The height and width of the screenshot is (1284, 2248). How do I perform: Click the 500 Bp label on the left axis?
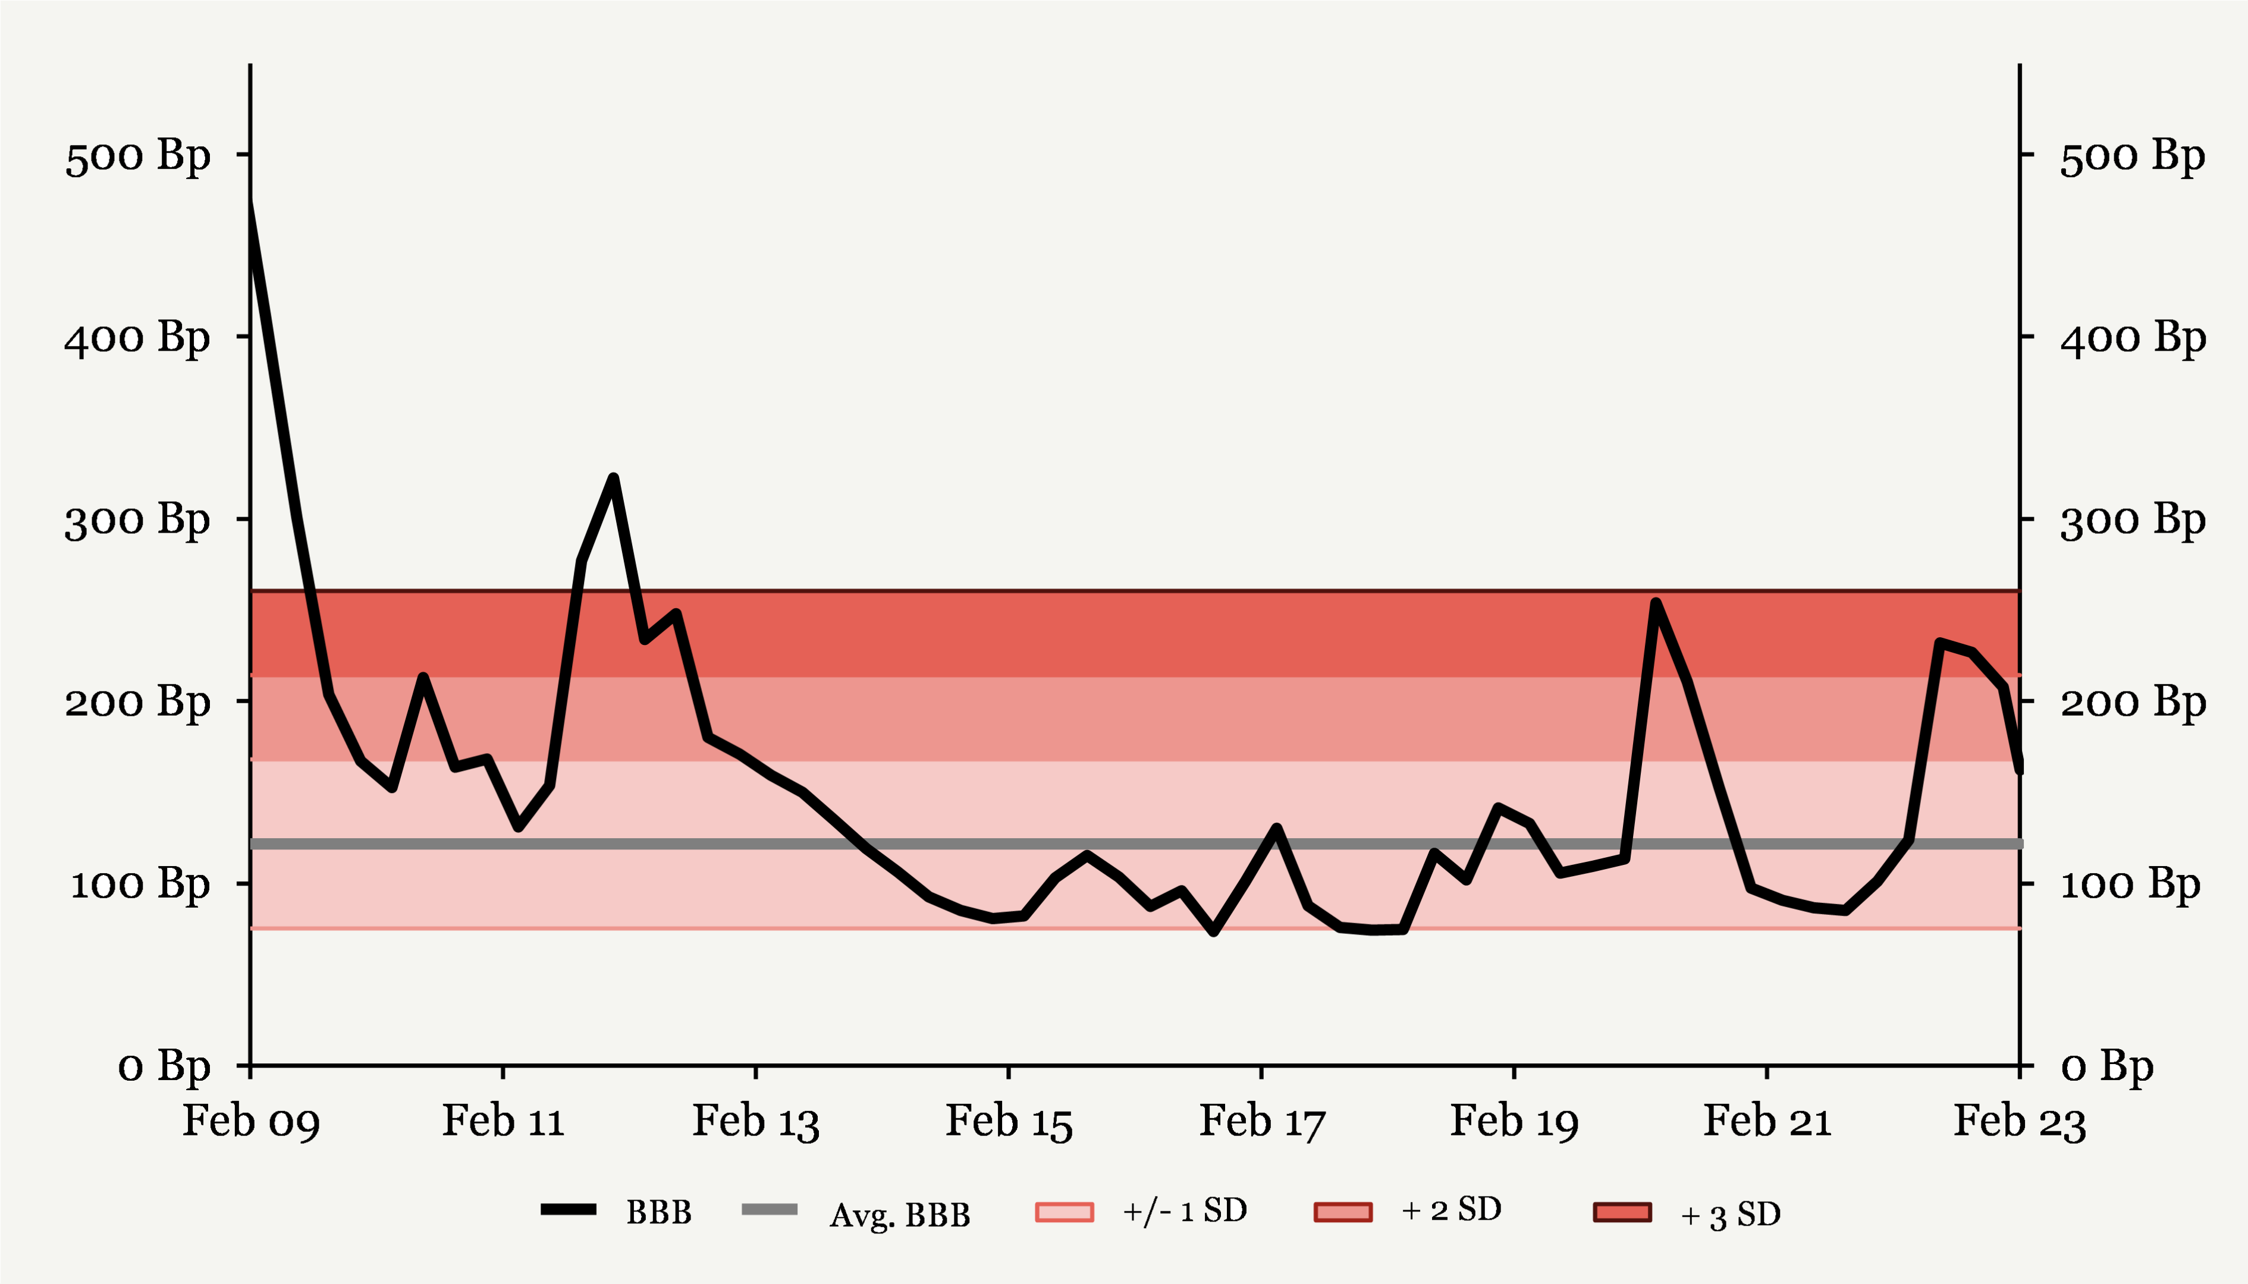137,156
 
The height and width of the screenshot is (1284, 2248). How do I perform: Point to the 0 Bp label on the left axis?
164,1066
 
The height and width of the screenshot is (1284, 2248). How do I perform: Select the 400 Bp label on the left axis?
137,338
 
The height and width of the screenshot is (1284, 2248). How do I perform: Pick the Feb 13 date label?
756,1122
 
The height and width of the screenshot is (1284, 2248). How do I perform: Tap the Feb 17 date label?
1261,1122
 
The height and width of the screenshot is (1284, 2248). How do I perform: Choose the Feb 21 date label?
1767,1122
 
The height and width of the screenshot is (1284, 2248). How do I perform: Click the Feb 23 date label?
2020,1122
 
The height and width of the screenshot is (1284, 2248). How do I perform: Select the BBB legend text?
658,1213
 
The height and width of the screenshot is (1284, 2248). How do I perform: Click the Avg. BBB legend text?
899,1214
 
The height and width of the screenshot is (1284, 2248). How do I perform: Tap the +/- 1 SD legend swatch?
1065,1211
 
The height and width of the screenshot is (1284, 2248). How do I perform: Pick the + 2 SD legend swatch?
1343,1211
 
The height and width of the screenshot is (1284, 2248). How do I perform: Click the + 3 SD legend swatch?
1622,1211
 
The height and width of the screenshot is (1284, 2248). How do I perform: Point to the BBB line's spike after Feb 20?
1656,603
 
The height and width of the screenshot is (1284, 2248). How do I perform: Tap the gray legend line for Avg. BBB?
770,1209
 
